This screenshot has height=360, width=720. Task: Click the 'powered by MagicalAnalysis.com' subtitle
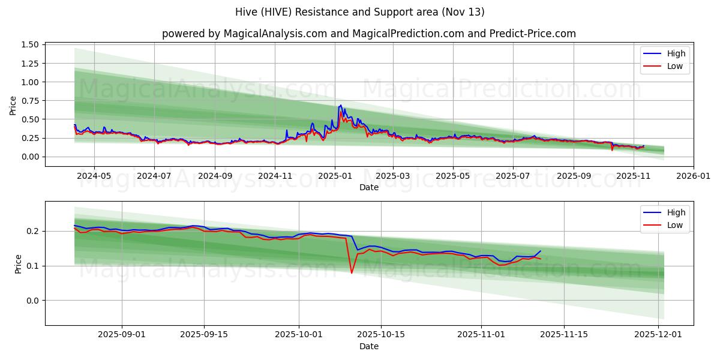(x=368, y=34)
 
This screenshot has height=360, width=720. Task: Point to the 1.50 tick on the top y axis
(x=29, y=45)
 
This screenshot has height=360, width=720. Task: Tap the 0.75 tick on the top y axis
(x=29, y=101)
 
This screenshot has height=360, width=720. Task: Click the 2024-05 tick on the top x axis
(x=94, y=176)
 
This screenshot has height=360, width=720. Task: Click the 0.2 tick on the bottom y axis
(x=34, y=231)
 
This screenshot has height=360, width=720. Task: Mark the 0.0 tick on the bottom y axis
(x=34, y=301)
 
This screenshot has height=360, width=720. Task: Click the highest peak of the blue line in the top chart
(x=340, y=105)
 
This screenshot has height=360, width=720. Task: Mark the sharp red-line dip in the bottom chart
(x=352, y=273)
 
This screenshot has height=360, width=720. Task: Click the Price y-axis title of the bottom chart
(x=18, y=264)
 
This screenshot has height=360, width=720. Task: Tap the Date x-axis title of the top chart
(x=368, y=187)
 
